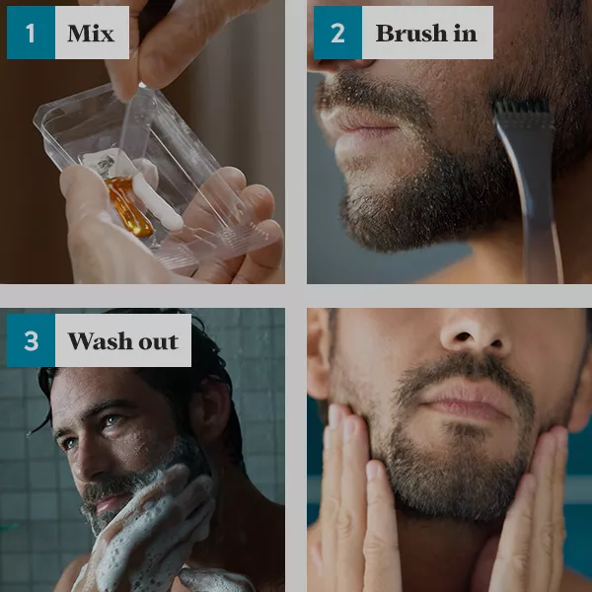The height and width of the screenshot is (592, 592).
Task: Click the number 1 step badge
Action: [x=31, y=33]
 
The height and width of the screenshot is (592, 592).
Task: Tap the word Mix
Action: [x=91, y=34]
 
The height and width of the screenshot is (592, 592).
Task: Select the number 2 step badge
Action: [x=337, y=33]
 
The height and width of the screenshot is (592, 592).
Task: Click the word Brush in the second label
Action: [x=411, y=34]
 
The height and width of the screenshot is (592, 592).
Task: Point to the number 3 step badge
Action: [x=31, y=340]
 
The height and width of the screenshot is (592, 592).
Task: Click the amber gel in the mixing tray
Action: [x=128, y=206]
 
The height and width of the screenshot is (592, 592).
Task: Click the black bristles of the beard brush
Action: [x=522, y=108]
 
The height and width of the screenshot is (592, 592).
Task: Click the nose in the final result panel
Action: [x=474, y=333]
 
